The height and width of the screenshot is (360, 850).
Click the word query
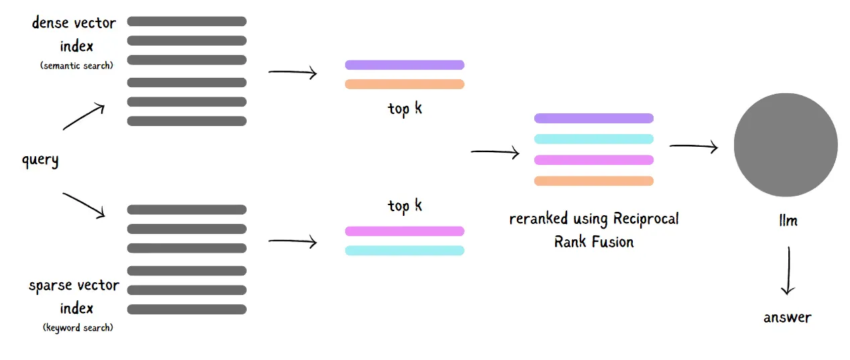pos(40,160)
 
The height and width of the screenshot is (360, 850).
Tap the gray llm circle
pos(786,145)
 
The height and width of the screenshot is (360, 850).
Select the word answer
pos(788,318)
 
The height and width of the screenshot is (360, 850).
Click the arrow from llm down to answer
pos(788,270)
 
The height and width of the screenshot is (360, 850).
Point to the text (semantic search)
pos(76,66)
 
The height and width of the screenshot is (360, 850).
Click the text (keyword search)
pos(78,327)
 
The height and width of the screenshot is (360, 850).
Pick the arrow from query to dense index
pos(84,117)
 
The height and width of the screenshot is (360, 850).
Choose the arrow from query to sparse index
pos(84,205)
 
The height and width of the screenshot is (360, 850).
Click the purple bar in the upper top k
pos(404,65)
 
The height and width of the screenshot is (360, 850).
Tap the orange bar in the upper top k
pos(404,84)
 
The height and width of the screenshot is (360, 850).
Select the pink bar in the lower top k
pos(404,231)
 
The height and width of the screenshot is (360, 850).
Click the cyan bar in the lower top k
pos(404,250)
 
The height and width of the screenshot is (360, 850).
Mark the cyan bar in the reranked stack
pos(594,139)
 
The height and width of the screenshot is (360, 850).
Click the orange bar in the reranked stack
pos(594,181)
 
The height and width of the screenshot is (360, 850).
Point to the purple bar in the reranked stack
pos(594,119)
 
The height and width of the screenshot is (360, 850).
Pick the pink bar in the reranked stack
pos(594,160)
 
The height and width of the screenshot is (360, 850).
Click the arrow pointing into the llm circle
pos(694,146)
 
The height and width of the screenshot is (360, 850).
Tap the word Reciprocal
pos(646,219)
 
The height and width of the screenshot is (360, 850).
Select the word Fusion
pos(613,241)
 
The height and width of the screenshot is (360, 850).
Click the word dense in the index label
pos(50,23)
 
